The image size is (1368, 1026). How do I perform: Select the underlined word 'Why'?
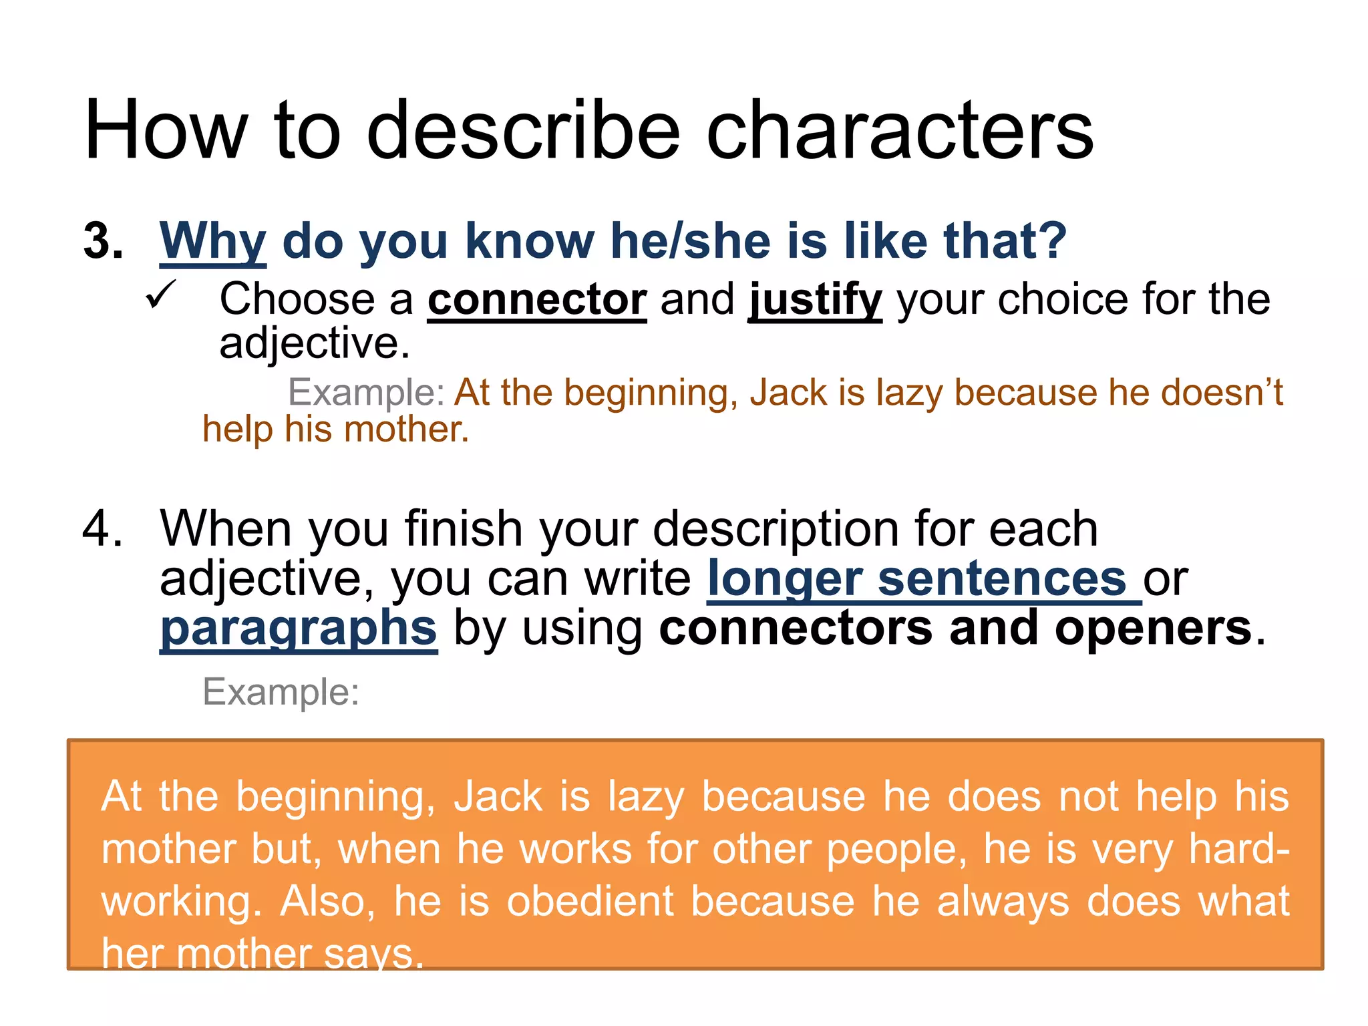tap(212, 241)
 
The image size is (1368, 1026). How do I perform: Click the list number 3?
tap(103, 241)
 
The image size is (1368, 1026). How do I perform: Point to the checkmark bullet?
tap(161, 295)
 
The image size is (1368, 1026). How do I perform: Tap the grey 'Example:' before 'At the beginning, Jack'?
tap(366, 392)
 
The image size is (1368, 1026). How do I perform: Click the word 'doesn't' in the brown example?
tap(1195, 392)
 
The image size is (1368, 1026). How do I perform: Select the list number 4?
tap(102, 528)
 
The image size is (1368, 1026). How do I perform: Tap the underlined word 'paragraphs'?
tap(299, 629)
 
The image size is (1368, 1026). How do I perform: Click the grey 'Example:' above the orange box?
tap(281, 692)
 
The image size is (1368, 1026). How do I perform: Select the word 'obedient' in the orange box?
tap(590, 901)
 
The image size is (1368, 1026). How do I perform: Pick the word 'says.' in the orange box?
tap(373, 953)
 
